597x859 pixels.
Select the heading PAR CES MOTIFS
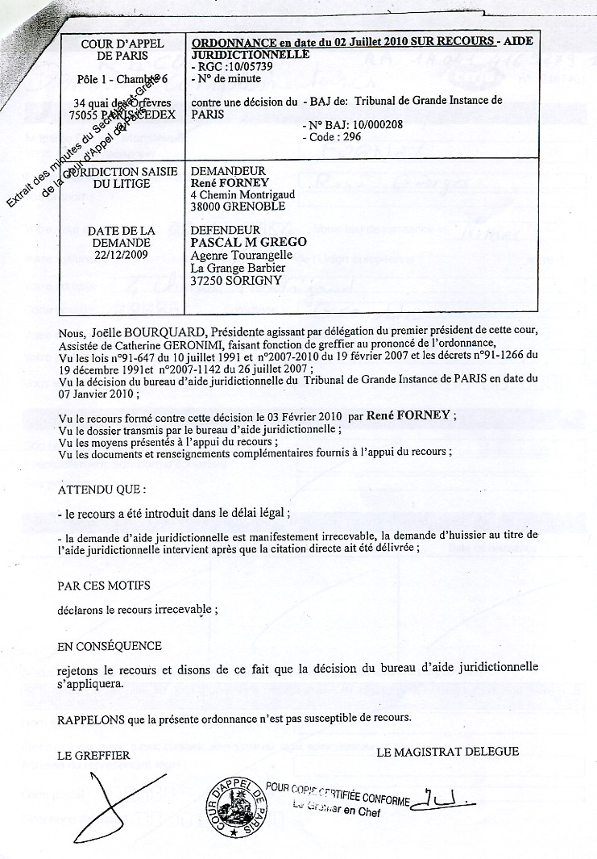click(104, 585)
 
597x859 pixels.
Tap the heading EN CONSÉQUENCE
click(110, 646)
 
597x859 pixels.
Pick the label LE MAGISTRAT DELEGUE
click(447, 752)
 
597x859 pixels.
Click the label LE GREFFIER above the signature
click(94, 756)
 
